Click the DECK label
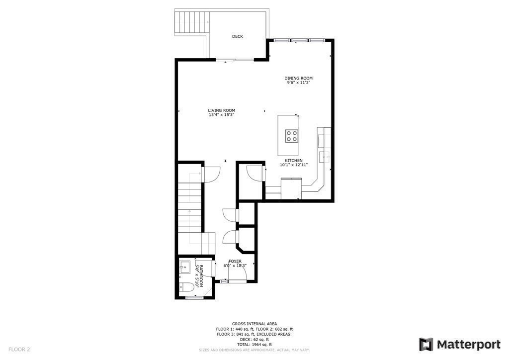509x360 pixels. (238, 36)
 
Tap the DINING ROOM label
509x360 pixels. (298, 78)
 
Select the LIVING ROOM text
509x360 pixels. (221, 110)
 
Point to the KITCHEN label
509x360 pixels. (294, 161)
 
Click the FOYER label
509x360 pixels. (235, 261)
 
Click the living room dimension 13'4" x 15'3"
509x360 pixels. (221, 115)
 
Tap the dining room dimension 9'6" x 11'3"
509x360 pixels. (298, 83)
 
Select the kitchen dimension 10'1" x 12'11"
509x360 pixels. (294, 165)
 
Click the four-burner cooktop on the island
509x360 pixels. (292, 135)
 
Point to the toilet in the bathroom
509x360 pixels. (187, 286)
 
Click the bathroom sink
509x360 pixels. (184, 267)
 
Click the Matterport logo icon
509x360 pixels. (426, 345)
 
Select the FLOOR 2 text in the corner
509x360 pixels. (19, 350)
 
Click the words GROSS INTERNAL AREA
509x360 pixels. (254, 324)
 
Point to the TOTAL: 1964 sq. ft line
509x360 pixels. (254, 344)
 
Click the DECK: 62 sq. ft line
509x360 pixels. (254, 339)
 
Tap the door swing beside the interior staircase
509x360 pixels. (211, 174)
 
